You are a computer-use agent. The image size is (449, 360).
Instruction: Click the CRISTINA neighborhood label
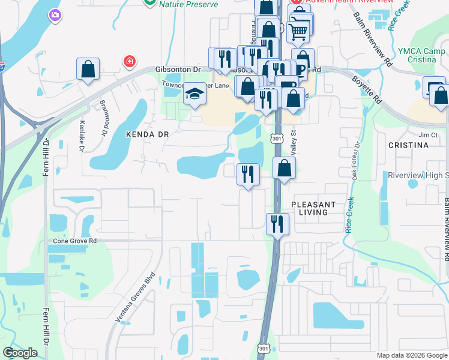[x=408, y=145]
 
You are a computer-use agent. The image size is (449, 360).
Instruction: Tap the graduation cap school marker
[x=194, y=94]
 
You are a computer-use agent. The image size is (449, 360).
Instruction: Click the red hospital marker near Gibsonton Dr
[x=128, y=61]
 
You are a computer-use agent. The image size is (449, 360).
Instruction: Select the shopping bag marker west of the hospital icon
[x=88, y=68]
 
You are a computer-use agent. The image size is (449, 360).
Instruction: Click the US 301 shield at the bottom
[x=264, y=349]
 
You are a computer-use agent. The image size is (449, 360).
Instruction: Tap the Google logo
[x=20, y=353]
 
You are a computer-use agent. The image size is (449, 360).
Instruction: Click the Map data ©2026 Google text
[x=411, y=355]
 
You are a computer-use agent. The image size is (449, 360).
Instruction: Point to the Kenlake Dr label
[x=82, y=136]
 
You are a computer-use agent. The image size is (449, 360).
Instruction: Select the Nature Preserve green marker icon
[x=150, y=2]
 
